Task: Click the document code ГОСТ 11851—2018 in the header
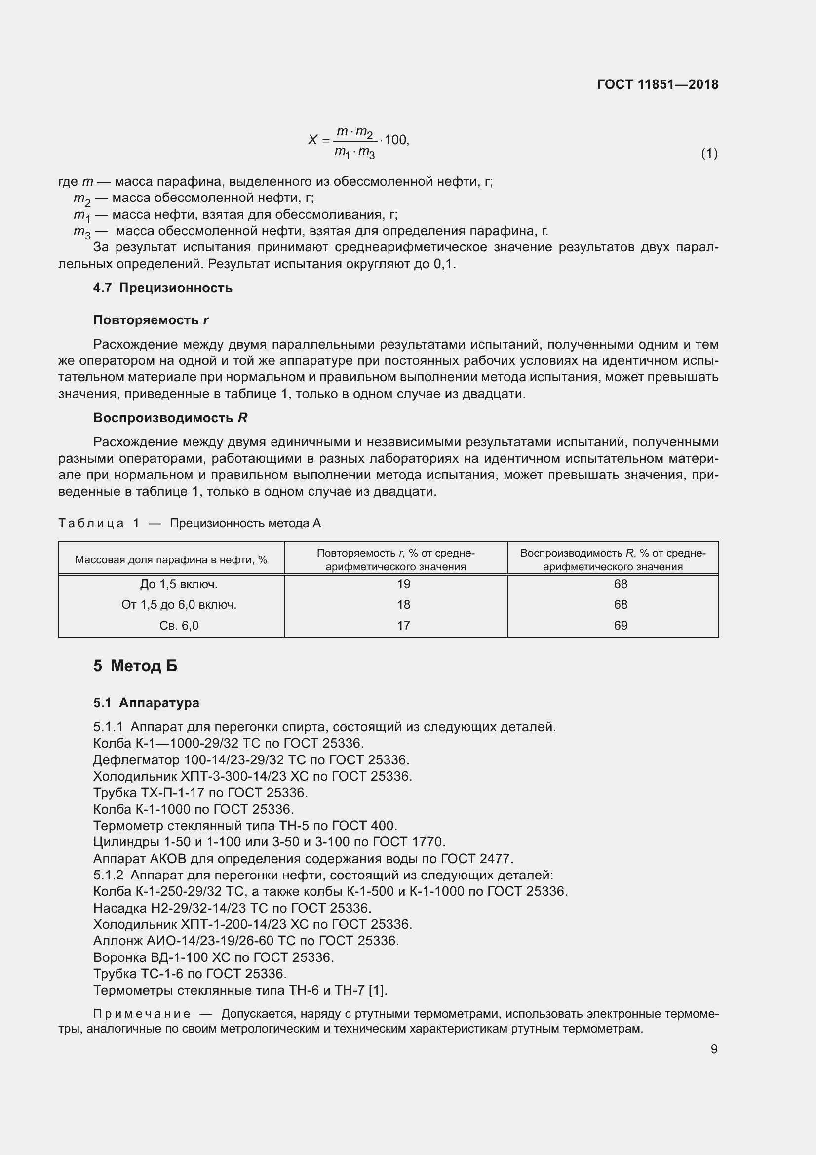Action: (658, 84)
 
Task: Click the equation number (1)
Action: (709, 154)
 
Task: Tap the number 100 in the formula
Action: (396, 140)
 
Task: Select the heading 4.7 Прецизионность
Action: (163, 288)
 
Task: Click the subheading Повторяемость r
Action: (151, 320)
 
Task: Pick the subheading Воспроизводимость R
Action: (170, 418)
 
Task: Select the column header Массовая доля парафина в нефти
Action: (171, 560)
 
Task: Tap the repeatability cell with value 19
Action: (403, 584)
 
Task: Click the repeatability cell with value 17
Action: (403, 625)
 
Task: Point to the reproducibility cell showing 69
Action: (621, 625)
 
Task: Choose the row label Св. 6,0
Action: (179, 625)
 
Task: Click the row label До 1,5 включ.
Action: (179, 584)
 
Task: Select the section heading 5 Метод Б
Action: (135, 666)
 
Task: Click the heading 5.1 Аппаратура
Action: (146, 703)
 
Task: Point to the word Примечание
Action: (142, 1014)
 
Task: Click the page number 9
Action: (714, 1049)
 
